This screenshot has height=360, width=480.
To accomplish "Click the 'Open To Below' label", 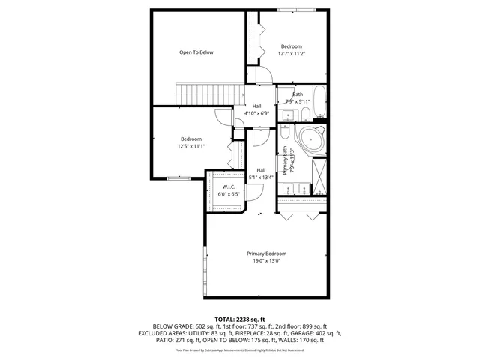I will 196,52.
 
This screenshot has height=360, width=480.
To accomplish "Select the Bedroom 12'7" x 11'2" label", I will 292,49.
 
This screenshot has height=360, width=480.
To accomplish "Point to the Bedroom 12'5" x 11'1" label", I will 190,142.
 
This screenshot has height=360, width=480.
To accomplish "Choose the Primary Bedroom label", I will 266,257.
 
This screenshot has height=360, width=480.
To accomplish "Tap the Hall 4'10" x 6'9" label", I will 257,109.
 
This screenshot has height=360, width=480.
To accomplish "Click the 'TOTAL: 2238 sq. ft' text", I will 239,319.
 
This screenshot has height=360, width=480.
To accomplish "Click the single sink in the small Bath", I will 287,114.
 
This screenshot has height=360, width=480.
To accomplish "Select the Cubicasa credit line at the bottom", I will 239,349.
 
